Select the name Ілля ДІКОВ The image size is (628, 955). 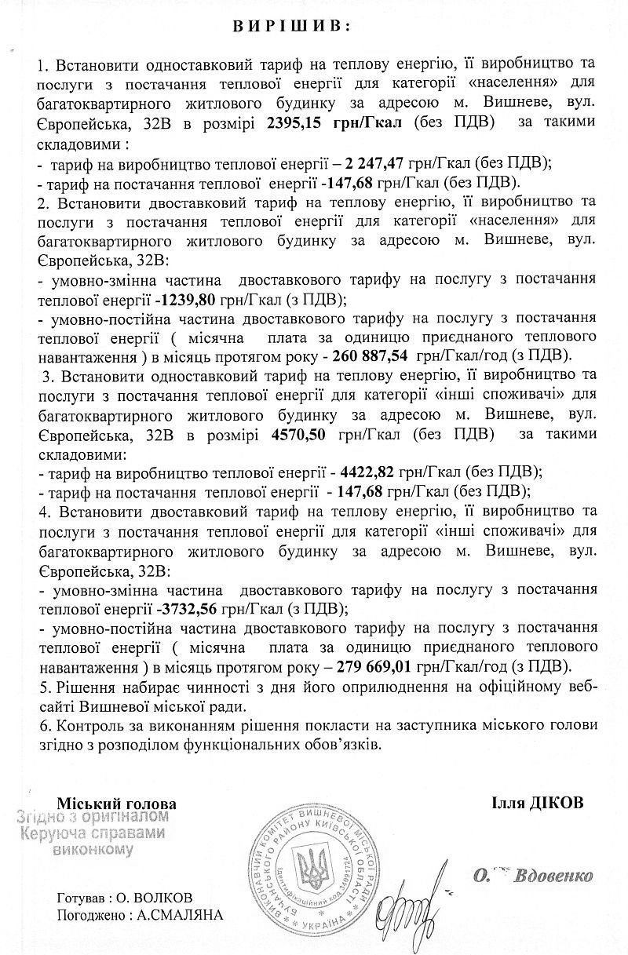tap(537, 804)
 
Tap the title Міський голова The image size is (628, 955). tap(117, 804)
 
